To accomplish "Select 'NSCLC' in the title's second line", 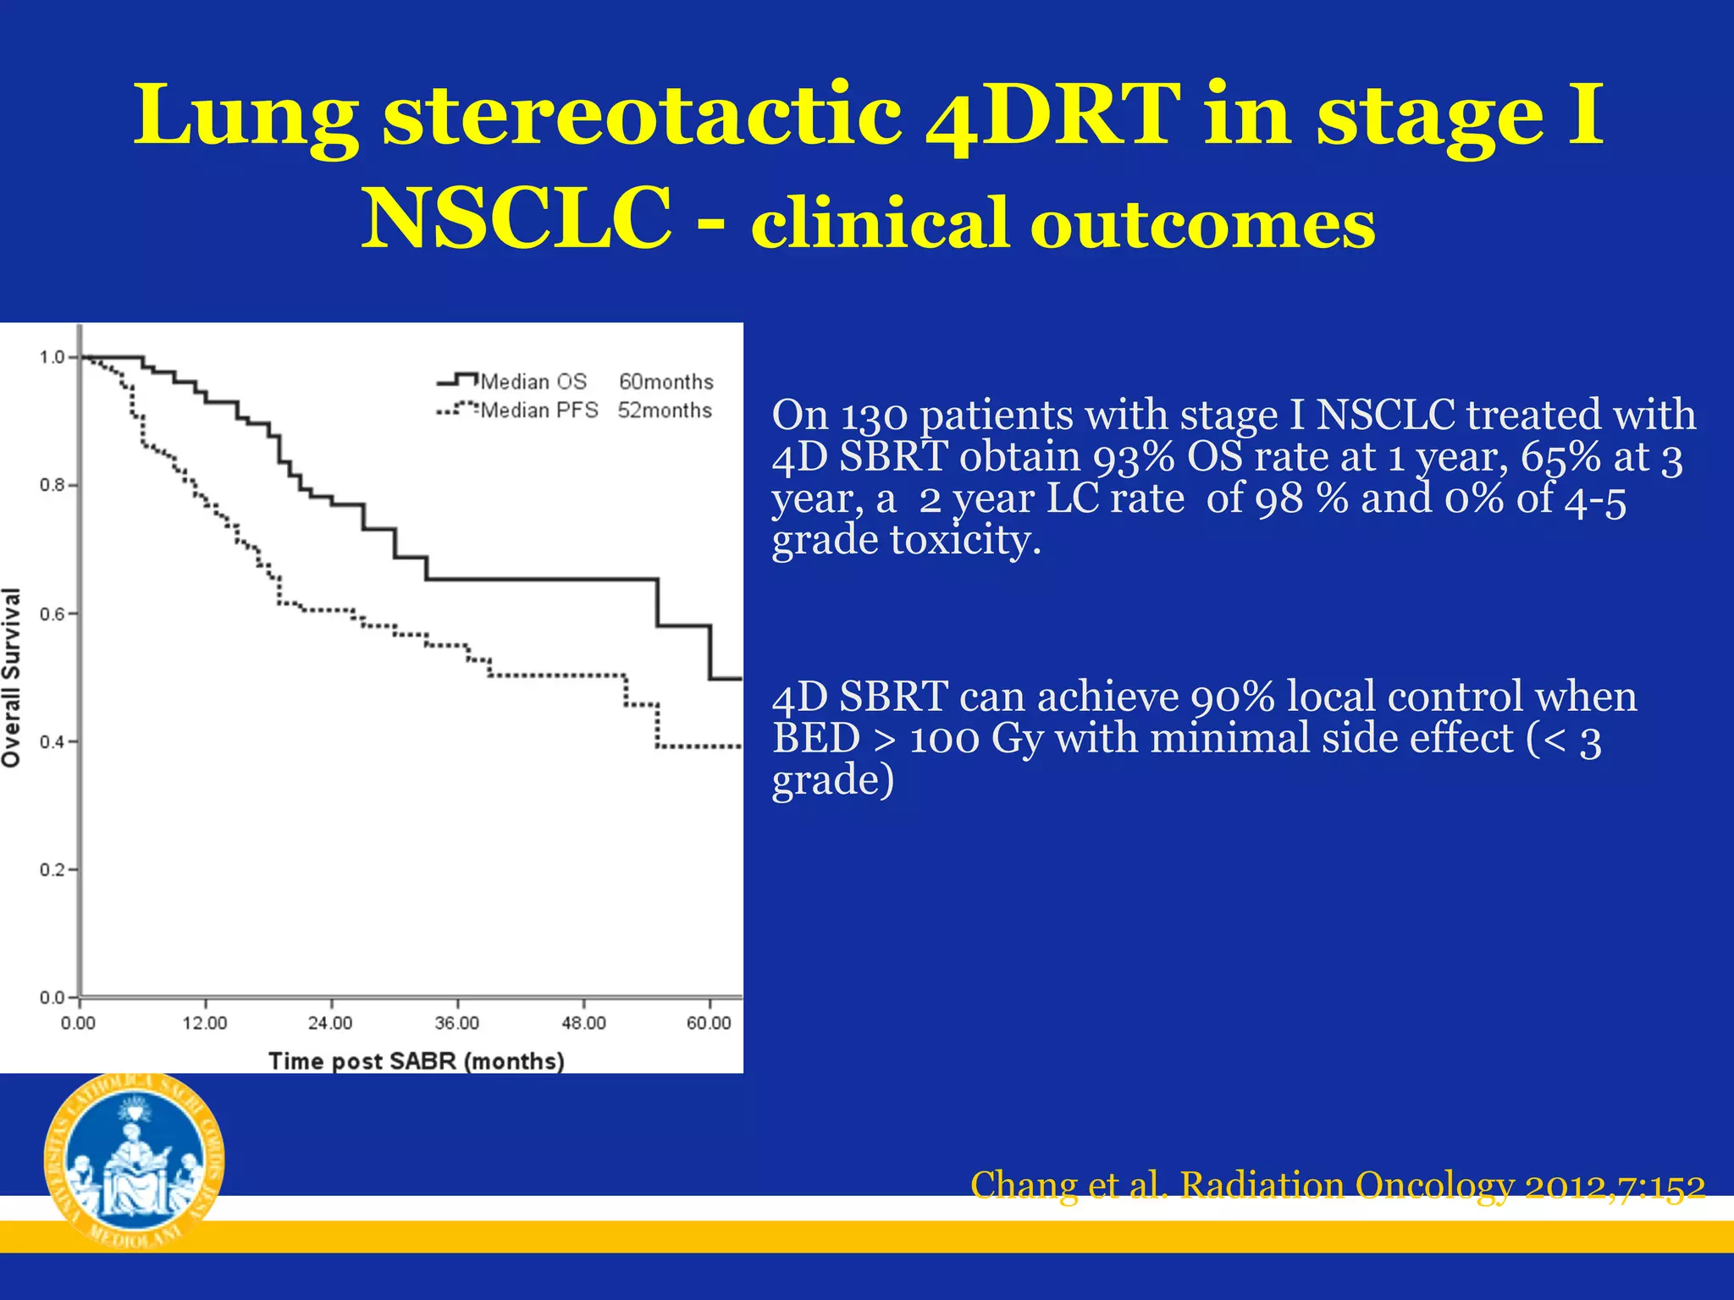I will pos(517,219).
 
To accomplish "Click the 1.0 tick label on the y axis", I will pos(52,357).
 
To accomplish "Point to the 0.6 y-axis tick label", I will pos(52,614).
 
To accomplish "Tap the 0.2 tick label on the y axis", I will pos(52,870).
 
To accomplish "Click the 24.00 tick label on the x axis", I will pos(330,1023).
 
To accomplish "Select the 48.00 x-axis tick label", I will pos(583,1023).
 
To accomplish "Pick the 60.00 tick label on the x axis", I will pos(709,1023).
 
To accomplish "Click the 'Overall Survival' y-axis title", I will pos(12,677).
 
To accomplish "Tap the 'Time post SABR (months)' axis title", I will pos(416,1060).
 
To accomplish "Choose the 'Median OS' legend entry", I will pos(533,382).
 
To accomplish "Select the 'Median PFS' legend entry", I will pos(539,410).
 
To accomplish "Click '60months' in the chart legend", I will pos(666,382).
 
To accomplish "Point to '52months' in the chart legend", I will pos(665,410).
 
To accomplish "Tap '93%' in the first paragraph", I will pos(1133,457).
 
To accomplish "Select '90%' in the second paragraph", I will pos(1232,697).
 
